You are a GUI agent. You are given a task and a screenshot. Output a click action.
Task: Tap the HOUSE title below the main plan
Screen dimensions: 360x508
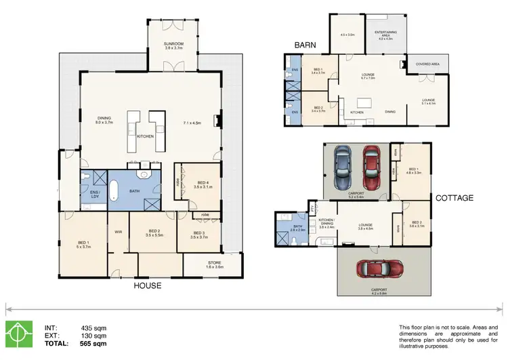pyautogui.click(x=147, y=285)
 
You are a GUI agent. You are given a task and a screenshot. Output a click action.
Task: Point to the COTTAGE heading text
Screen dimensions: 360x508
pyautogui.click(x=454, y=198)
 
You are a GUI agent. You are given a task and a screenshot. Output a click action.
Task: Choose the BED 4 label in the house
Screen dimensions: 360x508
pyautogui.click(x=203, y=182)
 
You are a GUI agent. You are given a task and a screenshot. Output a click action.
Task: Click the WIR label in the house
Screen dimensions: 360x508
pyautogui.click(x=118, y=231)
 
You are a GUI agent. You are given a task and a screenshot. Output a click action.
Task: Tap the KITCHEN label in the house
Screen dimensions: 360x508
pyautogui.click(x=146, y=136)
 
